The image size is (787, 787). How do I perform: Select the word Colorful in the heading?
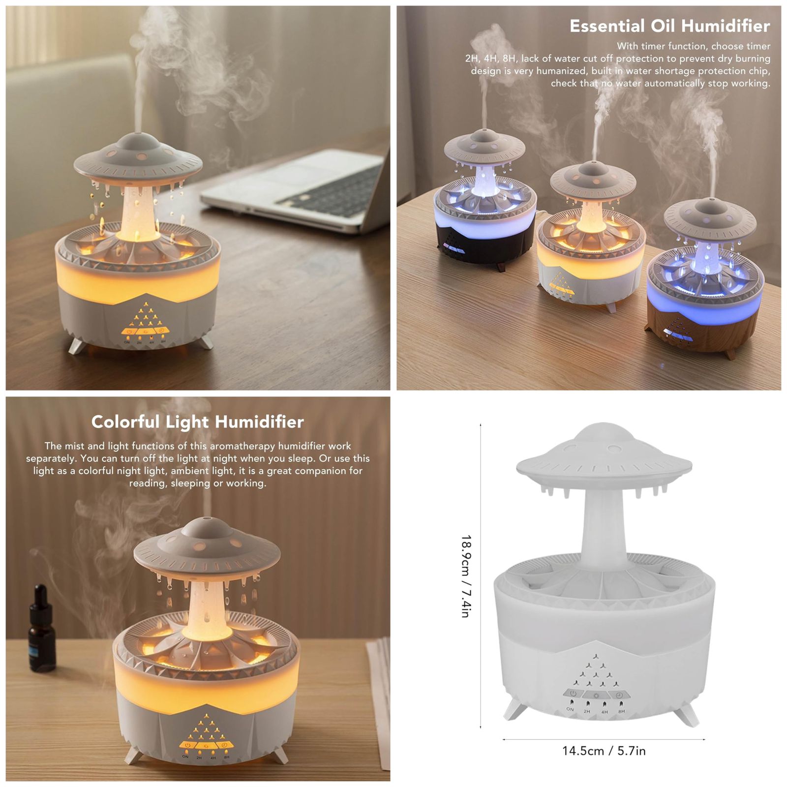125,422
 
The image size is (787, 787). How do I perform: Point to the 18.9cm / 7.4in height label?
466,576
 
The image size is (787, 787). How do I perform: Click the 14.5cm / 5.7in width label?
604,751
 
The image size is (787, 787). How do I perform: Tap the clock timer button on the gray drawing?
619,696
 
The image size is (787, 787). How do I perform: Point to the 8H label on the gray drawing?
622,711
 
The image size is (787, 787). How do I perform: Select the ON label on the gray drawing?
570,709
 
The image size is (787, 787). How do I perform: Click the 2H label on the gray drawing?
587,711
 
